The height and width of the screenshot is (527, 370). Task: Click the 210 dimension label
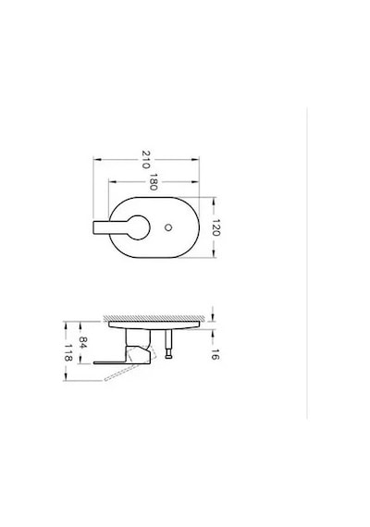tap(145, 159)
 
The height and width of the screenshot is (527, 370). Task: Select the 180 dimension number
tap(154, 182)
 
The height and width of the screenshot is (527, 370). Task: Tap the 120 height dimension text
tap(216, 227)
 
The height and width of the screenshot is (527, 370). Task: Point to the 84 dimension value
tap(83, 342)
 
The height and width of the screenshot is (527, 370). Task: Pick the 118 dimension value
tap(68, 352)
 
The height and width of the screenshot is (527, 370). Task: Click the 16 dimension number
tap(216, 355)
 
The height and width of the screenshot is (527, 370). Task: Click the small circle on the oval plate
tap(168, 227)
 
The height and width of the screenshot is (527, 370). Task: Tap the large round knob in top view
tap(138, 227)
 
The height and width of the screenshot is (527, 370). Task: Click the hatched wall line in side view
tap(154, 318)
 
